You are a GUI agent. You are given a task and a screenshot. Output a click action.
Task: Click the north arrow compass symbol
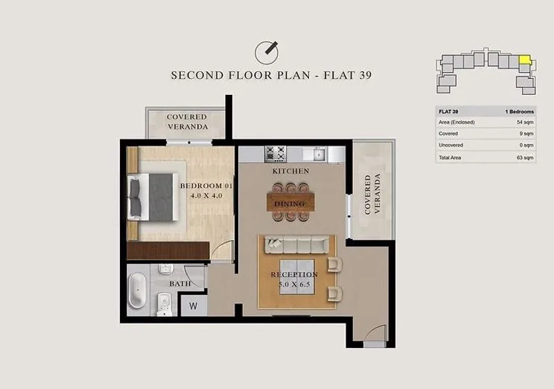267,52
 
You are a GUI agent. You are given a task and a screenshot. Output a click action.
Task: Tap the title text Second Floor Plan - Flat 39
271,75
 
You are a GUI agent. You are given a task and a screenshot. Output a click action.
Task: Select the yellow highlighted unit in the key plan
525,60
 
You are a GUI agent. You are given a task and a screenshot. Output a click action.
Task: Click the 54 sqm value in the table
525,122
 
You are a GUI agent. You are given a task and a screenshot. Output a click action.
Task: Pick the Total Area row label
449,157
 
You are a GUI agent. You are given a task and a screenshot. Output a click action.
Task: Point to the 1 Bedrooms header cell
519,111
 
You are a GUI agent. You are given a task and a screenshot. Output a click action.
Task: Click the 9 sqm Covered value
526,134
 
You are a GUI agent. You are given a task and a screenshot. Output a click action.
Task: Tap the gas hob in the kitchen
276,154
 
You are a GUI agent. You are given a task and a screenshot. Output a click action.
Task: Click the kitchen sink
319,154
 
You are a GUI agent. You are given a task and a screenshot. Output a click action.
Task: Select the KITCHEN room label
291,171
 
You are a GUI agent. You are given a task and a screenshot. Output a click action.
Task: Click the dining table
290,201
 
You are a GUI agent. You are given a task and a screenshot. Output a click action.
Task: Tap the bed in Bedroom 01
153,197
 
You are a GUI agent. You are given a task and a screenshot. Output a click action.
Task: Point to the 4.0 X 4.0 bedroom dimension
206,196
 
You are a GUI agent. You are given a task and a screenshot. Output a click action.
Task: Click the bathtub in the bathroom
137,290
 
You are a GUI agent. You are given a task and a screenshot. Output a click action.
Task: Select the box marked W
193,306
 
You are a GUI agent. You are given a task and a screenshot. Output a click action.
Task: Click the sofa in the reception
297,244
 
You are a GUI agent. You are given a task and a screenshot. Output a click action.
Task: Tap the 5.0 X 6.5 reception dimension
294,284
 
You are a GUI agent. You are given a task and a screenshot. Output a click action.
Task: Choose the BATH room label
180,284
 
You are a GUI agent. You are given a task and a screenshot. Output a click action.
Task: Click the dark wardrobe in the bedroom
168,251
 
